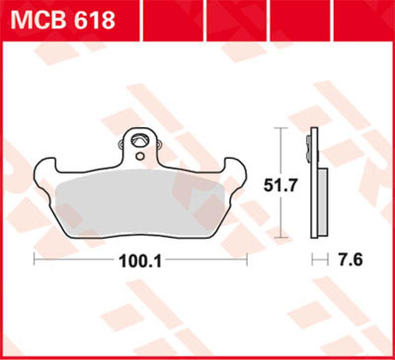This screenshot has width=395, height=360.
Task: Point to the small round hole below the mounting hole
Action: coord(140,157)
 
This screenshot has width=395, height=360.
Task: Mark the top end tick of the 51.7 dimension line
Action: coord(280,128)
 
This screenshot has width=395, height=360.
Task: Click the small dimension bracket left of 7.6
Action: coord(319,258)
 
